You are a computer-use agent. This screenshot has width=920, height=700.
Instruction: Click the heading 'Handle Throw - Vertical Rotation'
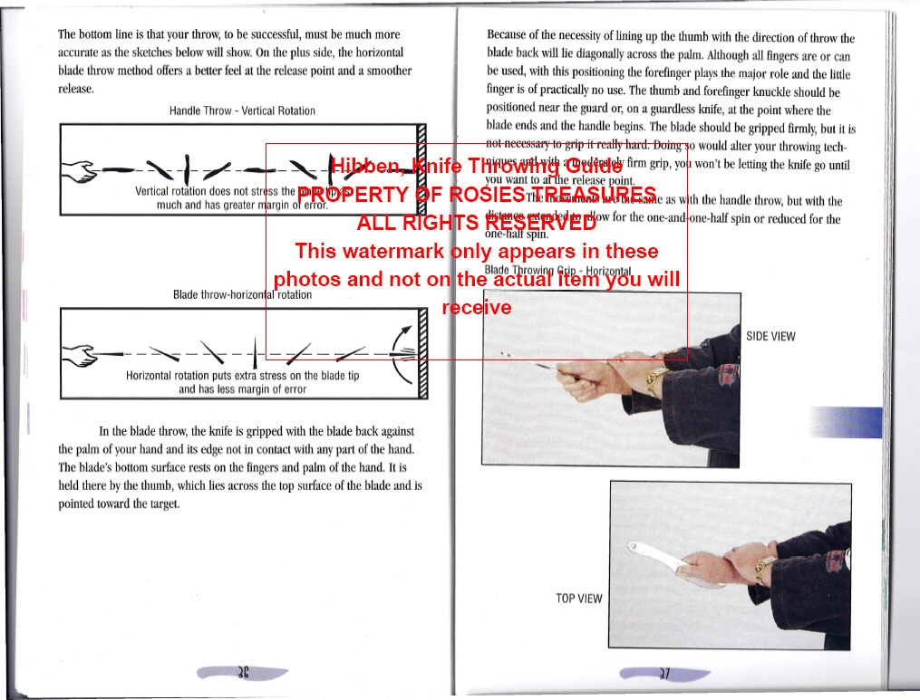[242, 110]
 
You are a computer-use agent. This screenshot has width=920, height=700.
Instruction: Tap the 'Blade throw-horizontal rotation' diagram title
[242, 294]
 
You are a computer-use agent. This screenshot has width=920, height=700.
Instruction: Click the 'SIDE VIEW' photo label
[770, 336]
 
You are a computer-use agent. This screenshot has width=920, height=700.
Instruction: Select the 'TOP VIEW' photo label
[578, 598]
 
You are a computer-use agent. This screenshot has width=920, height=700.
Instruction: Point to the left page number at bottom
[242, 673]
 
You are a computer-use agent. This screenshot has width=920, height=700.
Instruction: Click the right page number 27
[663, 673]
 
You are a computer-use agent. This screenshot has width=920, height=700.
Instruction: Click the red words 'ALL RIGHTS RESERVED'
[476, 224]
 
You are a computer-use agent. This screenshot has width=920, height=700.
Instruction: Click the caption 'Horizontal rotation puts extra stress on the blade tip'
[242, 376]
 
